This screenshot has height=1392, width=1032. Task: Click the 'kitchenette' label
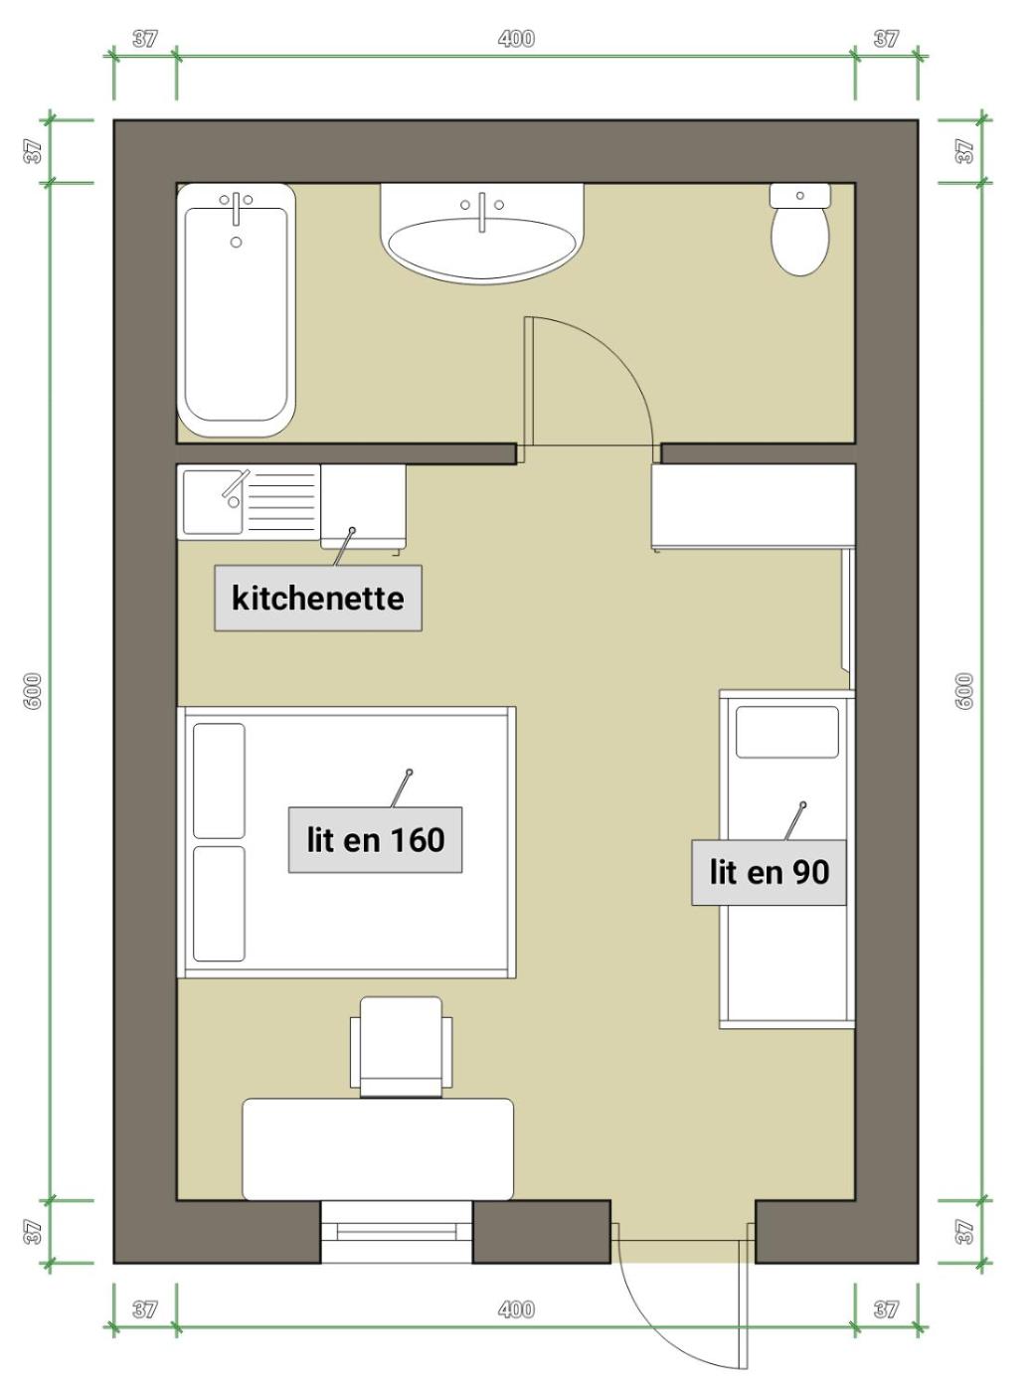[x=317, y=598]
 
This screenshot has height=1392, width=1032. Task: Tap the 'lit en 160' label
[x=376, y=840]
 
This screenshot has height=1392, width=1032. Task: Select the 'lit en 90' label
[x=769, y=872]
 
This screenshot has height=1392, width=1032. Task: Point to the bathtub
[x=236, y=310]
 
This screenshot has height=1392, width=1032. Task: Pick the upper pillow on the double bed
[x=219, y=781]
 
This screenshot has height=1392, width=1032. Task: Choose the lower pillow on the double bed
[x=219, y=904]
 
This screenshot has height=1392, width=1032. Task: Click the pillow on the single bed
[x=787, y=732]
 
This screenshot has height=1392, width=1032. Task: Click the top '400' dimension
[x=516, y=39]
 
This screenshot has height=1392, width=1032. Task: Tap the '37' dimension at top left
[x=145, y=39]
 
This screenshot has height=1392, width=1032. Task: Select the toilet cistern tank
[x=799, y=195]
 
